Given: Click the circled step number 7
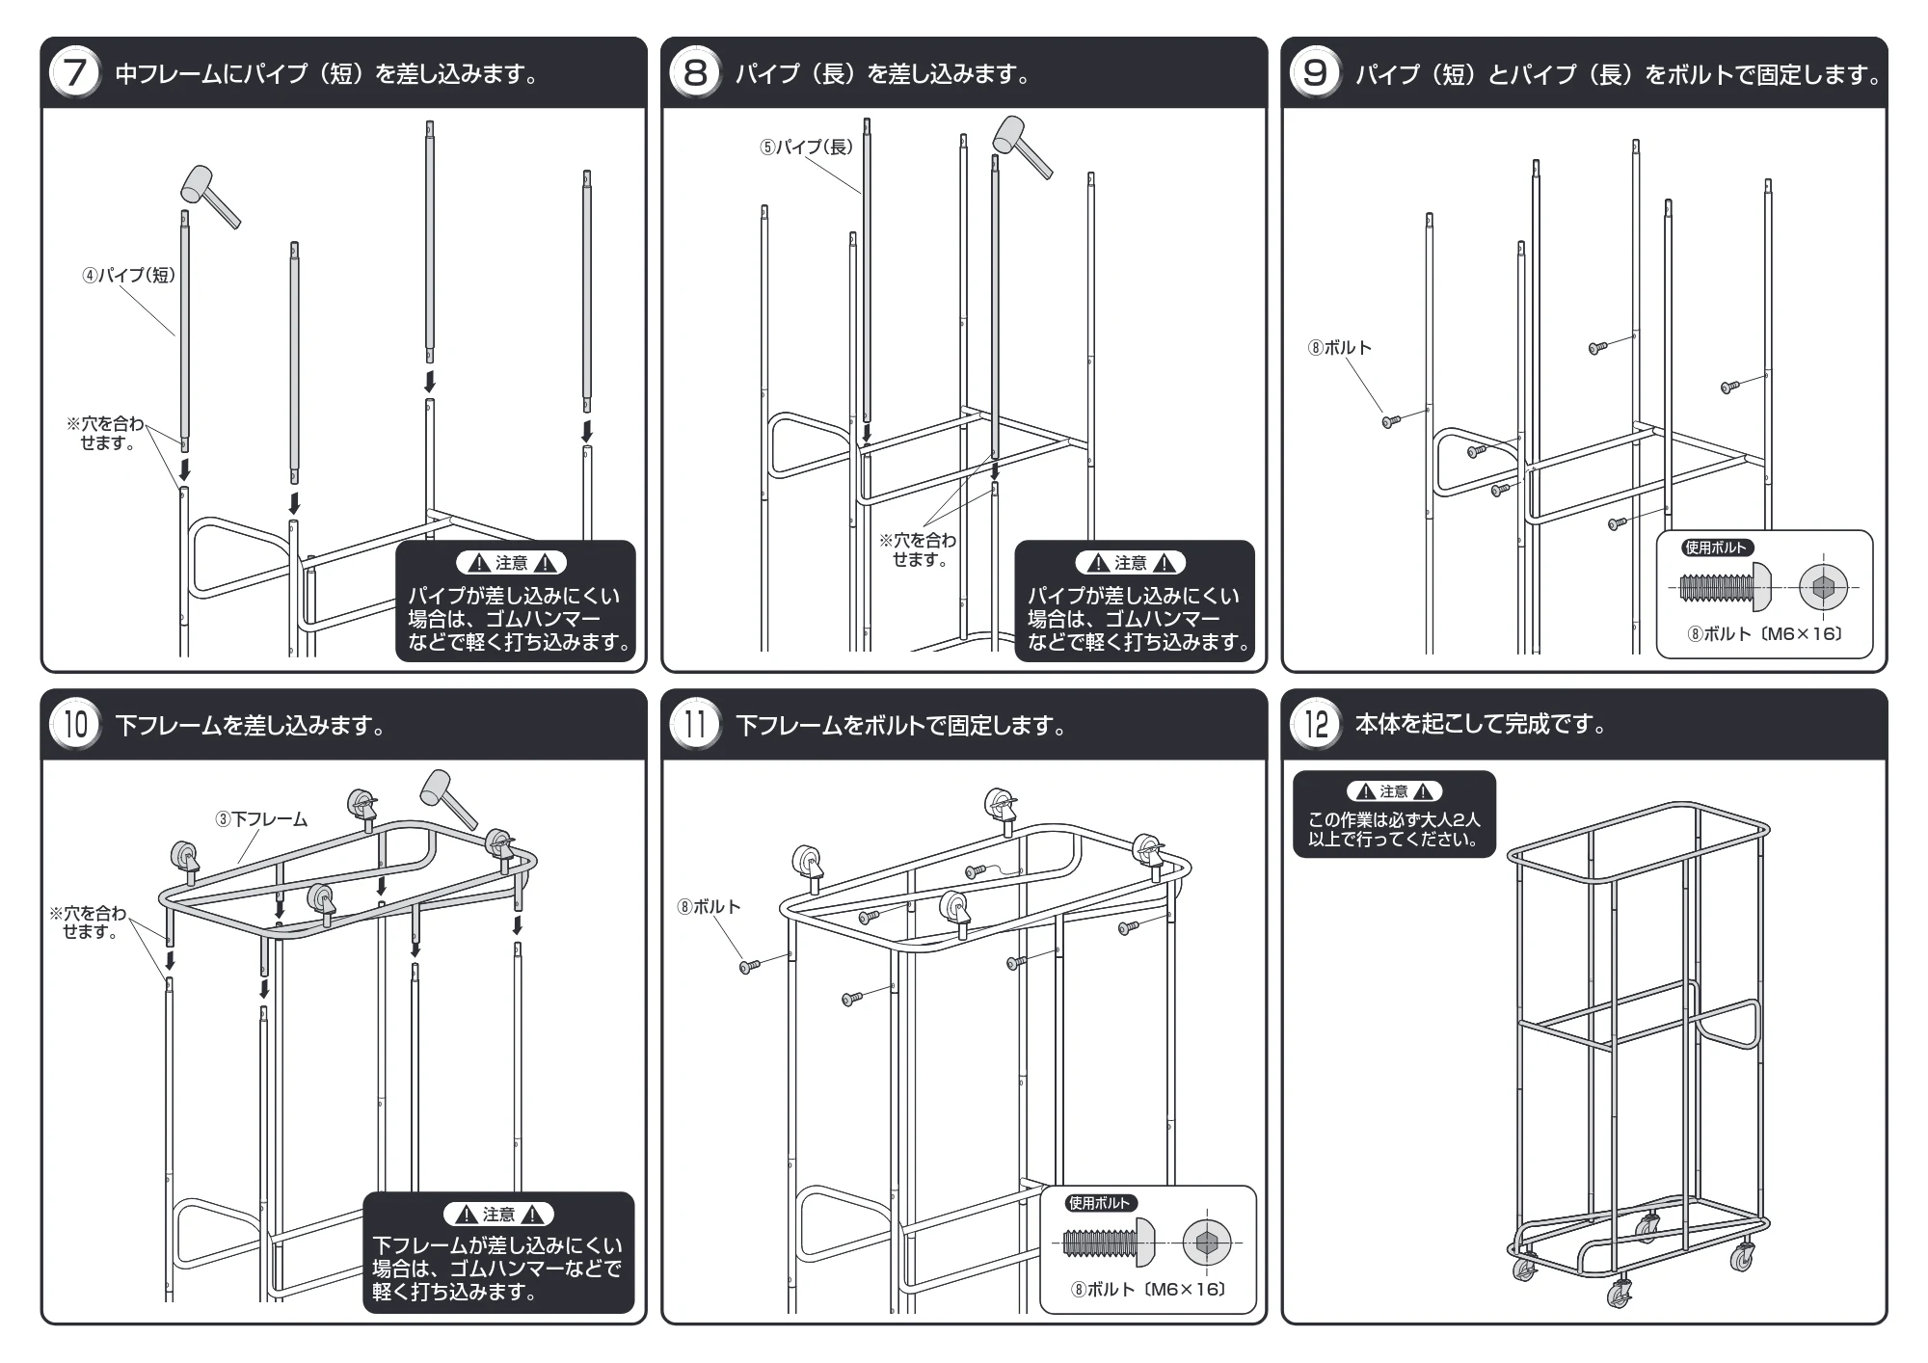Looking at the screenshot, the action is [x=76, y=73].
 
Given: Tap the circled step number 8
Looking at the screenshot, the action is [x=695, y=73].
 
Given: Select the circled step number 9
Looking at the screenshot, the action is [x=1315, y=73].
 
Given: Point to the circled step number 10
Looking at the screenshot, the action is [x=76, y=724].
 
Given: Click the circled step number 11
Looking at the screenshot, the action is [x=695, y=724].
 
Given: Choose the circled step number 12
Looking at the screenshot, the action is [x=1315, y=724].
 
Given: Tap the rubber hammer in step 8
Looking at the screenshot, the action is [x=1022, y=147].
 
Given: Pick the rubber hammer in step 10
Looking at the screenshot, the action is [x=449, y=799].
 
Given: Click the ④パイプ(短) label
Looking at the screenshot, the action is [x=128, y=276].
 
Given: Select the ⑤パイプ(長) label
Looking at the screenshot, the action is [x=807, y=147].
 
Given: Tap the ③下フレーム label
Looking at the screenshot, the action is [x=261, y=819].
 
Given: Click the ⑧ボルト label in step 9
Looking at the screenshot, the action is [x=1340, y=348].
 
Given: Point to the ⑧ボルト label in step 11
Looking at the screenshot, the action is [x=709, y=907].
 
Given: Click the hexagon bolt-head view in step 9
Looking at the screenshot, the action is [x=1823, y=587].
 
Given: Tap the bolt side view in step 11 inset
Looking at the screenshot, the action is [x=1109, y=1243].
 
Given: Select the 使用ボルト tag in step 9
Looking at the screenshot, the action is [x=1717, y=548].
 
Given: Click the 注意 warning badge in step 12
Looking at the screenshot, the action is [x=1394, y=791].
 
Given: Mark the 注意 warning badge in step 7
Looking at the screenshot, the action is [x=512, y=563].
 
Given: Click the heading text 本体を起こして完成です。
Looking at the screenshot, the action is [x=1482, y=724].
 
